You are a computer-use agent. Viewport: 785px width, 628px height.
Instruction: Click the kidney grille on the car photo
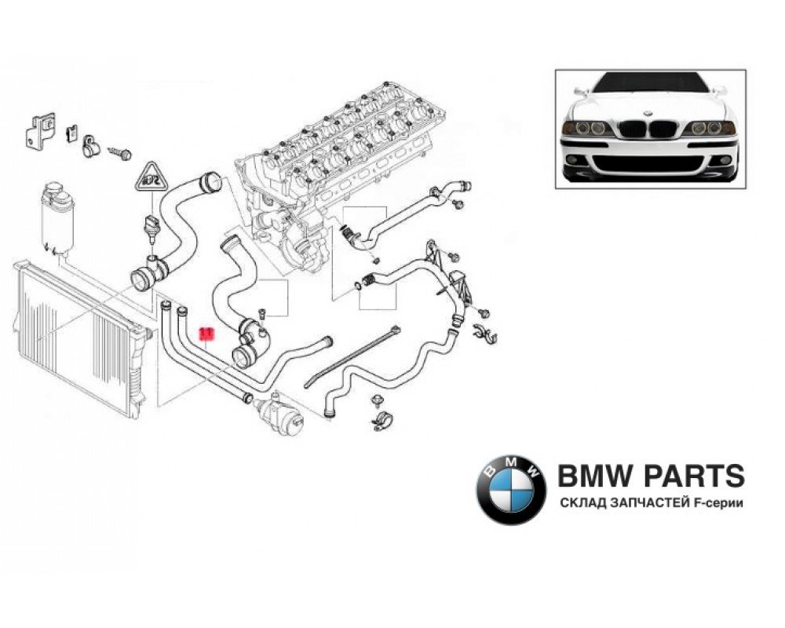point(650,128)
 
